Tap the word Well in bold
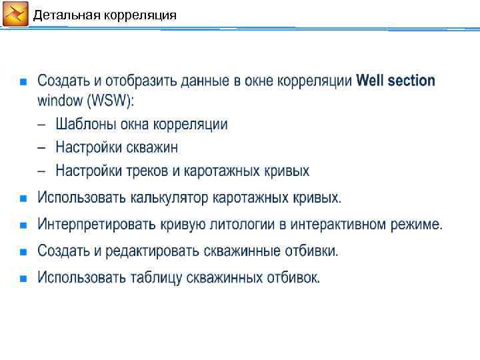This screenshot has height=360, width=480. tap(371, 81)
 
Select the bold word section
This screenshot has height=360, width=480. tap(411, 81)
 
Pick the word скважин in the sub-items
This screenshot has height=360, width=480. tap(154, 147)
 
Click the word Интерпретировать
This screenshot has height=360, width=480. tap(97, 225)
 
